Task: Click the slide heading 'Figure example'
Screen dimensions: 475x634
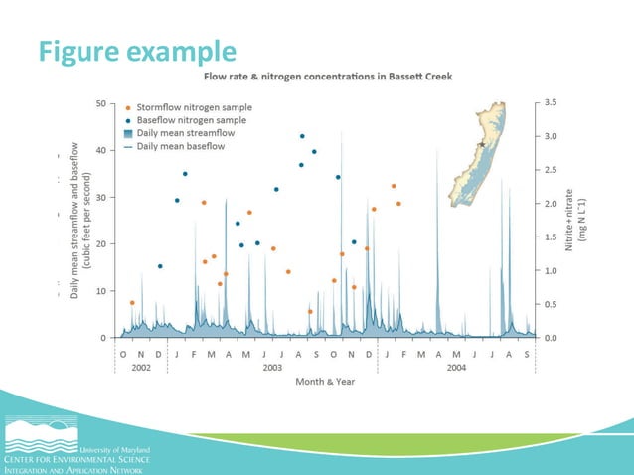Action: click(138, 50)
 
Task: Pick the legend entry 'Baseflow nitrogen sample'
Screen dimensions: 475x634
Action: click(190, 120)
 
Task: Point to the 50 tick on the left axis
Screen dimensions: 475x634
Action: click(102, 103)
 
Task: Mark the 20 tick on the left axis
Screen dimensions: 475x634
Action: click(102, 243)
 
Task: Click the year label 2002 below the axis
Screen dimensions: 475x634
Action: click(142, 367)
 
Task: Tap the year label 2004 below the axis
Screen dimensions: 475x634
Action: click(456, 367)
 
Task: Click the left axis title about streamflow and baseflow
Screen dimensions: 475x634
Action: click(79, 220)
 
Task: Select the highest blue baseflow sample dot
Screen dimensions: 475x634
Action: click(302, 136)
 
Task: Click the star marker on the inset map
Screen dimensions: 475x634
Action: click(482, 144)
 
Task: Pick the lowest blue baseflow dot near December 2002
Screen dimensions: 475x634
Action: click(160, 266)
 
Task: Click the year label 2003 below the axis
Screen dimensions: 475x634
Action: click(272, 367)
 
